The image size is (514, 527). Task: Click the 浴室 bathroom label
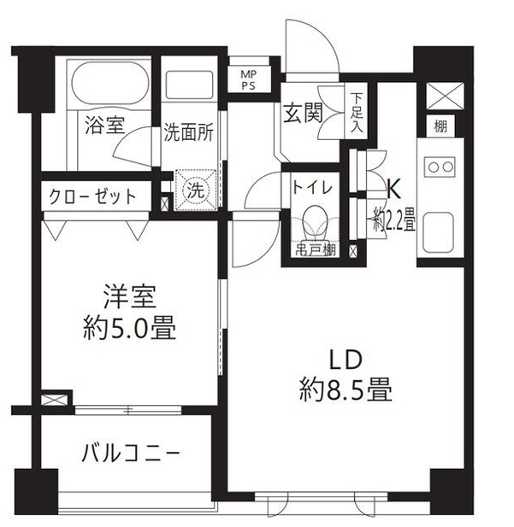pos(103,125)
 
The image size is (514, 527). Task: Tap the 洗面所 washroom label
pos(189,134)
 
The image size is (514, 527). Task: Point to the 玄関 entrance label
pos(304,113)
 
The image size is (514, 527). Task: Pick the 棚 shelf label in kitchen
pos(439,127)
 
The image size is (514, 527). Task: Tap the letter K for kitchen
pos(395,186)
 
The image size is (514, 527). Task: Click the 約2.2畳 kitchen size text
pos(393,220)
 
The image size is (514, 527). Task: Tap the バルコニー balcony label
pos(130,451)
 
